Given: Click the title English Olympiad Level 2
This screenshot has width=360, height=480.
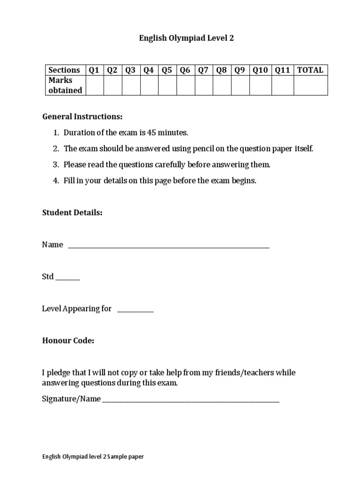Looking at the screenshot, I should pos(186,38).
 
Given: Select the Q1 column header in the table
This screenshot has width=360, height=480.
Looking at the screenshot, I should pos(94,70).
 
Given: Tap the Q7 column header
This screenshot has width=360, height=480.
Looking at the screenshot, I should pos(203,70).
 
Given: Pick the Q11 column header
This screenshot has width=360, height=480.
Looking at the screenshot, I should pos(282,70).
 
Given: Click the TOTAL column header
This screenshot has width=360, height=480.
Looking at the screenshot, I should pos(310,70).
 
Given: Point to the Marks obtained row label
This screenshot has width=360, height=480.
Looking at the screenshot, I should pos(66,85).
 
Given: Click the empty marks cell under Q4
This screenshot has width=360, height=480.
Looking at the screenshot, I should pos(149,85).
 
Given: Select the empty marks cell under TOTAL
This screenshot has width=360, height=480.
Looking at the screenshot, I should pos(310,85).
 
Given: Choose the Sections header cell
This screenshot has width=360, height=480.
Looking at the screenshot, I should pos(65,70).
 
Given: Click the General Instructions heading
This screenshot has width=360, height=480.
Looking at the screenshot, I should pos(82,116).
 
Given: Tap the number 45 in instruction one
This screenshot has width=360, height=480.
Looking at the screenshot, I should pos(151,133).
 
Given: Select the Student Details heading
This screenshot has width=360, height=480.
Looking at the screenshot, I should pos(72,213).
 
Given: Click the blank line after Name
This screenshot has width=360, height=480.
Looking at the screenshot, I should pos(169,246).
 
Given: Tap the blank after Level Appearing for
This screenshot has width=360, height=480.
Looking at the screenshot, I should pos(135,309).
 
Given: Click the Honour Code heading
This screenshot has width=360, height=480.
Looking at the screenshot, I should pos(68,341).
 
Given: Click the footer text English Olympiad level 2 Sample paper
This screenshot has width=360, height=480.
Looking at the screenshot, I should pos(93,457).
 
